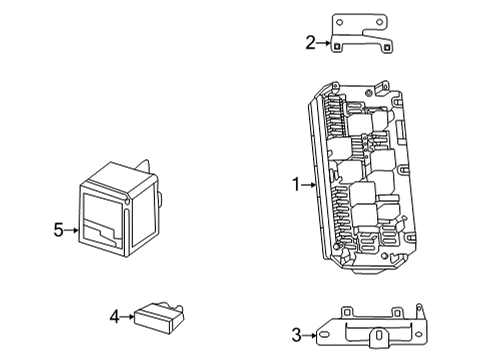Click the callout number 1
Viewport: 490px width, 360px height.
point(296,184)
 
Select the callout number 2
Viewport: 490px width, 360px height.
point(310,43)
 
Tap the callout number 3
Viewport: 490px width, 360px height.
point(296,335)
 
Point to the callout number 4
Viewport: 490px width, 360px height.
point(114,316)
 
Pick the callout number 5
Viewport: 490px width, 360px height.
point(58,230)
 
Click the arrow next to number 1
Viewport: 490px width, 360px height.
point(309,185)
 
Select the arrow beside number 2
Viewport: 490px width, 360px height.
point(323,43)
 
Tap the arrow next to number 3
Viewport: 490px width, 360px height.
point(309,335)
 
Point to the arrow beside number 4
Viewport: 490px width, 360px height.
point(127,317)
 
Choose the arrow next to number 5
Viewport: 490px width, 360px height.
point(72,230)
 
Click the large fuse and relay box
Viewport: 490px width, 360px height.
point(362,177)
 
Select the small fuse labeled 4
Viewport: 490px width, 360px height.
point(159,318)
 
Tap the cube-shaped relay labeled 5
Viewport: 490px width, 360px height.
point(120,208)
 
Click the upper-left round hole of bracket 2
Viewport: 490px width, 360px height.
point(339,22)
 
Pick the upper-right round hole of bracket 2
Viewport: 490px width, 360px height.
point(379,22)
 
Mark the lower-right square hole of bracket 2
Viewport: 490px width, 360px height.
point(387,48)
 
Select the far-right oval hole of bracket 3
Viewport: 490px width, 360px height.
point(418,334)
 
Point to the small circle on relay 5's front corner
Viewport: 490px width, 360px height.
point(126,201)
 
